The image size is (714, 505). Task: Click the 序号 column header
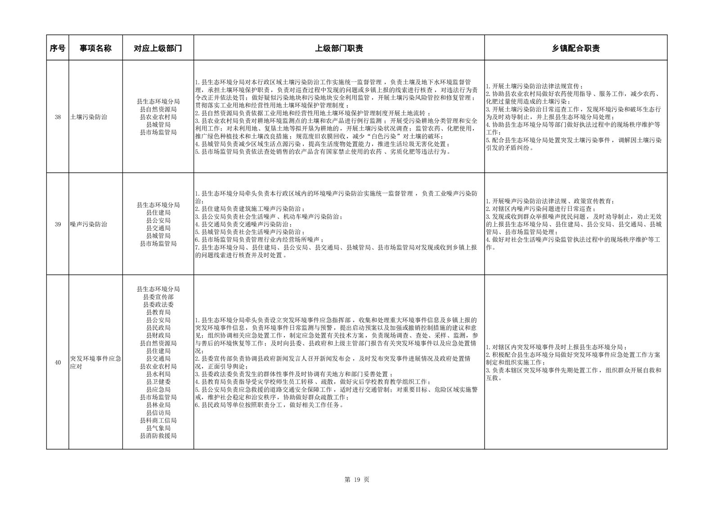click(x=57, y=48)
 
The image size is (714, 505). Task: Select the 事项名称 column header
click(x=95, y=48)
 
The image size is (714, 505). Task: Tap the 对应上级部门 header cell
click(x=158, y=48)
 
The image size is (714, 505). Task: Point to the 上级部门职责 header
click(x=339, y=48)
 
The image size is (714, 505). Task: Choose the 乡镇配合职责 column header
click(x=575, y=48)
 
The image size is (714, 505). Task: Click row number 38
click(x=58, y=117)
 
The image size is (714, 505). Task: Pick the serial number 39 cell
click(x=58, y=224)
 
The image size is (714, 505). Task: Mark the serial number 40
click(x=58, y=362)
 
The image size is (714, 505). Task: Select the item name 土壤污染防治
click(x=89, y=117)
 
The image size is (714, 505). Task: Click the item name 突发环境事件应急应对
click(x=95, y=362)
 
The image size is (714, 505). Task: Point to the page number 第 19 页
click(x=357, y=480)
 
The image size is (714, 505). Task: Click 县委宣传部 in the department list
click(x=158, y=297)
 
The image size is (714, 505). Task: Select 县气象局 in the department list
click(x=158, y=428)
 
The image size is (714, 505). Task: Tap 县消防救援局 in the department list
click(x=158, y=436)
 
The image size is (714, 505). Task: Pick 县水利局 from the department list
click(x=158, y=374)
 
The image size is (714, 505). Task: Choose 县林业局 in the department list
click(x=158, y=405)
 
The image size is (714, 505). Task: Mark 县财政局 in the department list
click(x=158, y=335)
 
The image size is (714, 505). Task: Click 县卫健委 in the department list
click(x=158, y=382)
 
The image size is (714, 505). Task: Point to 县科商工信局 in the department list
click(x=158, y=420)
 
